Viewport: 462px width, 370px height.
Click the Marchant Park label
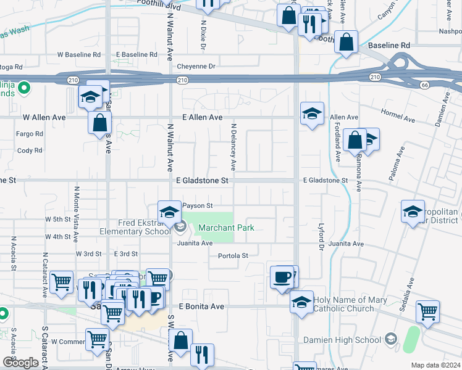[226, 228]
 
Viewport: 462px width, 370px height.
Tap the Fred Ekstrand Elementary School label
[136, 228]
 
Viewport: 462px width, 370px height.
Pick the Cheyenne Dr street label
[196, 66]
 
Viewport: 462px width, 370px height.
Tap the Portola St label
[232, 256]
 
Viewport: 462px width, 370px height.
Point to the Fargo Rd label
[30, 133]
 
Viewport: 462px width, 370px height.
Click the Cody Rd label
[30, 150]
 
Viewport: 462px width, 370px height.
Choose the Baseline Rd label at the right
[389, 46]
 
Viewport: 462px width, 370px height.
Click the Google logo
[20, 363]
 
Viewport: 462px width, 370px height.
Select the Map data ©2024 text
[435, 365]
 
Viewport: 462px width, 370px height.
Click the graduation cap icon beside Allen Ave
[312, 113]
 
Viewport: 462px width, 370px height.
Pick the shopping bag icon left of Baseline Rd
[347, 42]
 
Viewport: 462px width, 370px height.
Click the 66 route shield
[424, 84]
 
